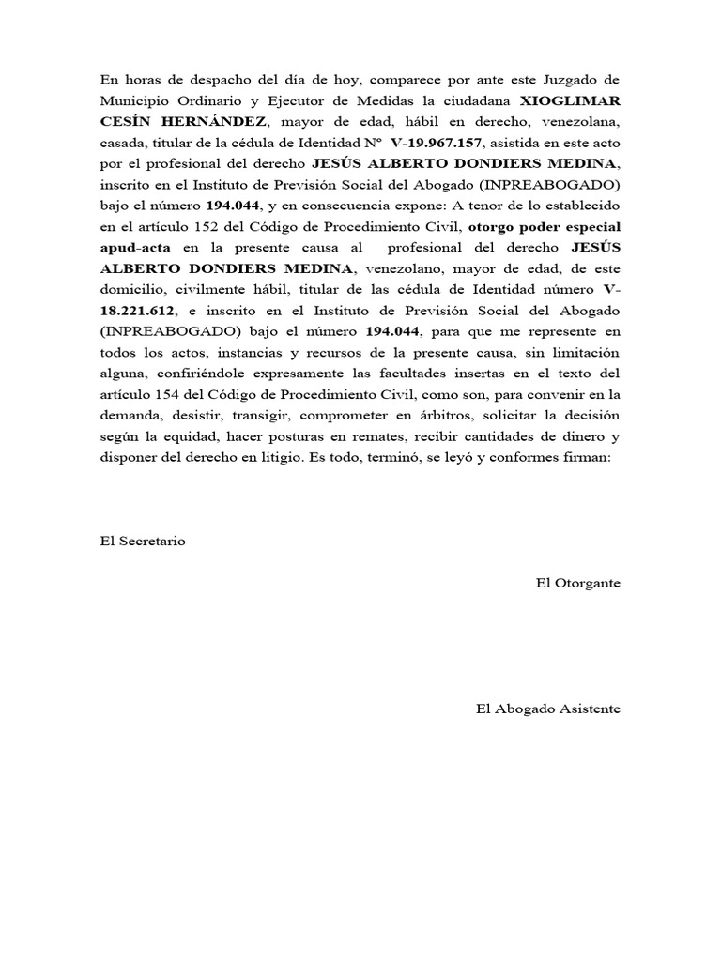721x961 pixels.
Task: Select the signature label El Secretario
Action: click(x=143, y=542)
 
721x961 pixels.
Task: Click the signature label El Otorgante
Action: click(x=577, y=583)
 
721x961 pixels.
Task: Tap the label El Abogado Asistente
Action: click(x=548, y=709)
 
